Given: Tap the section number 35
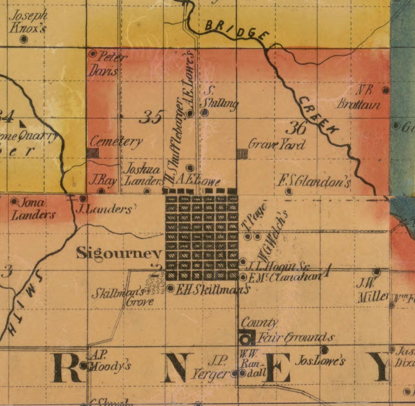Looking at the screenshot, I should click(152, 117).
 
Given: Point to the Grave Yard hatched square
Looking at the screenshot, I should click(242, 154).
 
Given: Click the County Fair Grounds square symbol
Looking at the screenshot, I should click(246, 338).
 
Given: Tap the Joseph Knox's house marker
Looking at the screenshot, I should click(24, 39).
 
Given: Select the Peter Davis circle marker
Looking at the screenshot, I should click(93, 54).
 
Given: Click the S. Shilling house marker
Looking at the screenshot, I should click(205, 113).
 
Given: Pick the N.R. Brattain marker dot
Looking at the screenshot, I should click(385, 90).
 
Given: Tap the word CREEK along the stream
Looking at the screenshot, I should click(318, 115).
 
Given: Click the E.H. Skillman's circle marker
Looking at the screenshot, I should click(171, 288).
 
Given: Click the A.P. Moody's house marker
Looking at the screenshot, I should click(83, 366).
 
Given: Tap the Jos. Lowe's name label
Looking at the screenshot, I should click(320, 361).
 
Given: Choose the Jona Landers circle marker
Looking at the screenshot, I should click(14, 201).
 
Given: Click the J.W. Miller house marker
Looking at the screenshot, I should click(377, 272).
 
